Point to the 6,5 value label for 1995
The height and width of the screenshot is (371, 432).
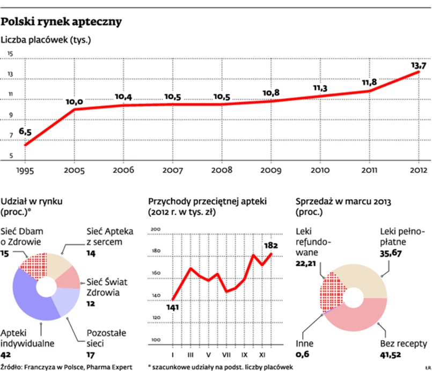[x=25, y=132]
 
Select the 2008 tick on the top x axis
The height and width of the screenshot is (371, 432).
[x=222, y=170]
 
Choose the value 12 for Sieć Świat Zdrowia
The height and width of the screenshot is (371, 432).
[x=92, y=303]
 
